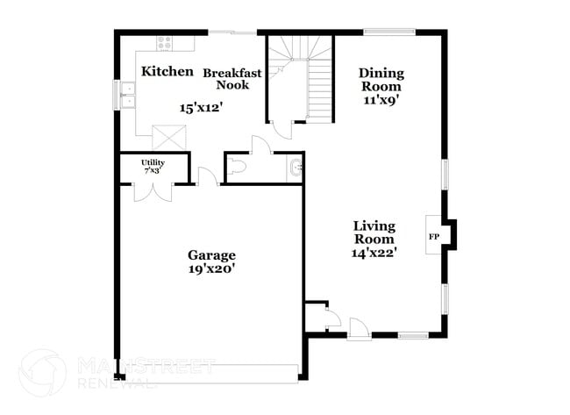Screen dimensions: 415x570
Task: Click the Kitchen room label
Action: click(x=167, y=71)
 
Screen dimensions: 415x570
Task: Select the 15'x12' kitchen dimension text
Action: click(x=202, y=108)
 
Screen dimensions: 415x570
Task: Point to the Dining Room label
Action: click(x=380, y=80)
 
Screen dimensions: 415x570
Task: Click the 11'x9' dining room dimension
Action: click(x=381, y=101)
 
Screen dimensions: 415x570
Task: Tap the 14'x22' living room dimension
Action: click(x=375, y=253)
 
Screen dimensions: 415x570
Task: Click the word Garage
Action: click(x=211, y=255)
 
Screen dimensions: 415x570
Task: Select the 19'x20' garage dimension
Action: click(x=212, y=269)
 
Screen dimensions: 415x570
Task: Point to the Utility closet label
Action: click(x=153, y=164)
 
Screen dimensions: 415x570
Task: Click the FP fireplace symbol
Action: click(x=433, y=237)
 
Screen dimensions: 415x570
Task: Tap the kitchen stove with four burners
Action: click(x=164, y=42)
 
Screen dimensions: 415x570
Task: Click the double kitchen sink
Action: click(x=128, y=95)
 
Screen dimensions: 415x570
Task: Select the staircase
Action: click(x=301, y=79)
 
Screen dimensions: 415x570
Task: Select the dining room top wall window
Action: click(x=389, y=32)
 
